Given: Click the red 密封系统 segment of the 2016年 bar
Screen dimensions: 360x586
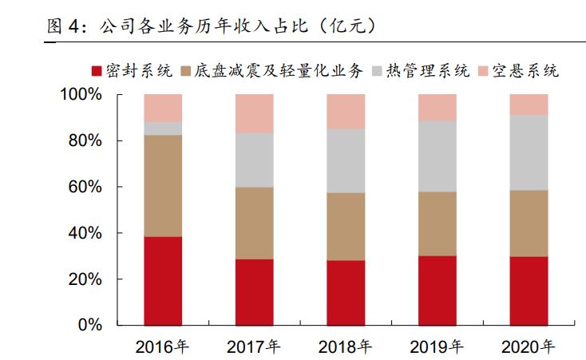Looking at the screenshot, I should coord(163,281).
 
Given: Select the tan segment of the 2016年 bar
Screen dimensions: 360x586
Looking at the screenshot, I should coord(163,185).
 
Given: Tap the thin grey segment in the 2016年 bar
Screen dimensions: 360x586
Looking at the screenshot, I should coord(163,128).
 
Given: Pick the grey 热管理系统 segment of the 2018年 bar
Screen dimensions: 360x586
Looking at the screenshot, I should coord(346,160).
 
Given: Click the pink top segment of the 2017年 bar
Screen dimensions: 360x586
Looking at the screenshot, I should coord(255,113).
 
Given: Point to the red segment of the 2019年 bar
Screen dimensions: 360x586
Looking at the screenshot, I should coord(438,291).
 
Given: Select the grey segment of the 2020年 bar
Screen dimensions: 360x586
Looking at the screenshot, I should coord(529,152).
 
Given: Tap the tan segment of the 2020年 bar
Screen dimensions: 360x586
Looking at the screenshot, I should coord(529,223).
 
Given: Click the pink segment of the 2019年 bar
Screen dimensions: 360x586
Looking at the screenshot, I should coord(438,107).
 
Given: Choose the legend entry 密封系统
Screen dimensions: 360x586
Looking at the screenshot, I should coord(133,71).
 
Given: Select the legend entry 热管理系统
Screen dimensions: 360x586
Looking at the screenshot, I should coord(427,71).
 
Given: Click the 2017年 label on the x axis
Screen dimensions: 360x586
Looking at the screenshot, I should coord(254,347).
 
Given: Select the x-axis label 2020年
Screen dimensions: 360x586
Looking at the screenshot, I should coord(529,347).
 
